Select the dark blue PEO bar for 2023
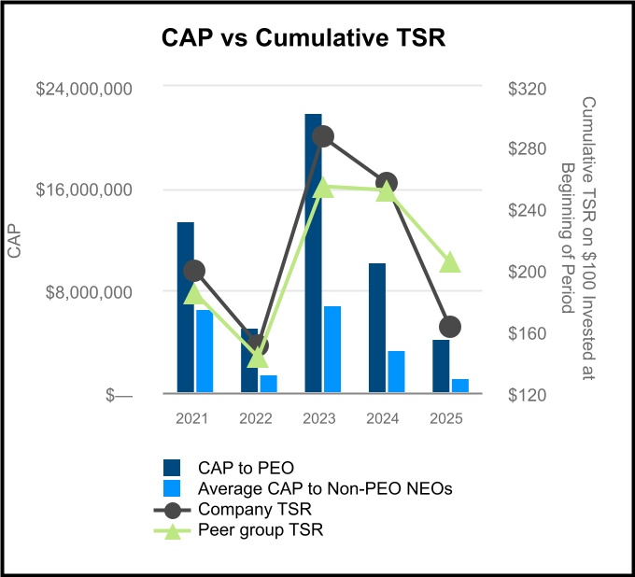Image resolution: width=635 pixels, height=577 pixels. [x=313, y=252]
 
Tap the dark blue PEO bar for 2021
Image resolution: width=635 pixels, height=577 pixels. [x=186, y=308]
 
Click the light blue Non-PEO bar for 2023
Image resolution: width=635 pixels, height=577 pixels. [x=332, y=349]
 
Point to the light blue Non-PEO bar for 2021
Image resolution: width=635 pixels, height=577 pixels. [x=205, y=351]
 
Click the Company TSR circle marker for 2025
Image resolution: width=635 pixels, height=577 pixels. [x=450, y=327]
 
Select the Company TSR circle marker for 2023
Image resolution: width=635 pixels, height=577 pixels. [x=323, y=136]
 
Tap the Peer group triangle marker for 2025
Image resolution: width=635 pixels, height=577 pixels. [x=450, y=262]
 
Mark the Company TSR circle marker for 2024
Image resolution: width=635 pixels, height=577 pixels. [x=387, y=183]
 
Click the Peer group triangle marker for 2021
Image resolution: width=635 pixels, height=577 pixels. [x=194, y=294]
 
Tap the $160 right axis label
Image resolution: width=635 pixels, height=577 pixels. [x=526, y=333]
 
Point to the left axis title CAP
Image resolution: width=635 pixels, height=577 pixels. [x=15, y=241]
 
